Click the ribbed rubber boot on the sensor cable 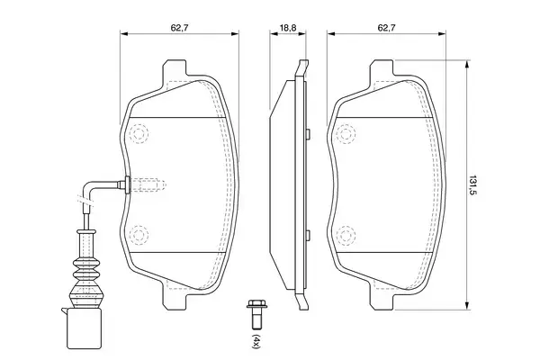click(86, 270)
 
